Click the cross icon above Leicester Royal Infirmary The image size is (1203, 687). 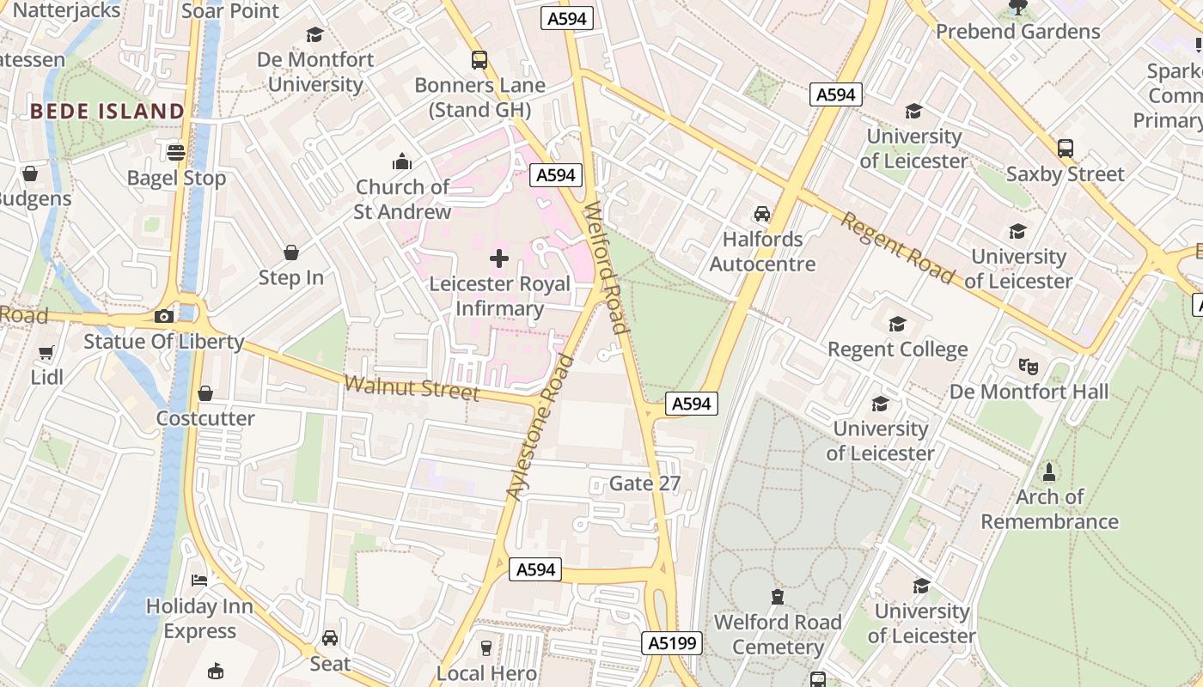(x=498, y=258)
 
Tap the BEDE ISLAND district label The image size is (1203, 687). (x=107, y=111)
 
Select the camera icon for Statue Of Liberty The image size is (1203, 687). (x=164, y=316)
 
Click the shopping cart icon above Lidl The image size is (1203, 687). (x=46, y=352)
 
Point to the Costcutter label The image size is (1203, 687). (x=205, y=418)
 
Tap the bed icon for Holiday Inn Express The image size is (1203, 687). (x=199, y=581)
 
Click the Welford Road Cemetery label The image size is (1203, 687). (x=778, y=634)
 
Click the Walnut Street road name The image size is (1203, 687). (x=412, y=387)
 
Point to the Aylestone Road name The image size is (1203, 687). (x=540, y=427)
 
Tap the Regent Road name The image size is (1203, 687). (x=897, y=248)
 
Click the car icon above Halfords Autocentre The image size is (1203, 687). (x=762, y=214)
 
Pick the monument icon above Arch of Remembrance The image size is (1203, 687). (x=1049, y=471)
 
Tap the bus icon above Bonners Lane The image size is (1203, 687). (x=479, y=60)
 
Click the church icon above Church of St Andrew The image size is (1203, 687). (x=402, y=161)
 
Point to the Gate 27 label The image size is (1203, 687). (x=644, y=483)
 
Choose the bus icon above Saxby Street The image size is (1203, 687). (x=1066, y=148)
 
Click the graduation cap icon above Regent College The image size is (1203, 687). (x=898, y=324)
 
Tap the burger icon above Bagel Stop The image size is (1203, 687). (x=176, y=153)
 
